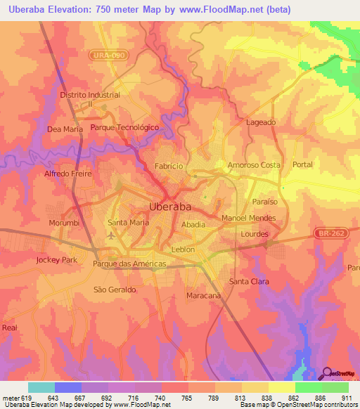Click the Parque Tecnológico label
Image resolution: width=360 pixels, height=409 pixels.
click(x=124, y=128)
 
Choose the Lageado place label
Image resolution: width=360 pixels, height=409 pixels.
click(x=261, y=122)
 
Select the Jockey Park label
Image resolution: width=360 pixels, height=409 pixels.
click(x=56, y=259)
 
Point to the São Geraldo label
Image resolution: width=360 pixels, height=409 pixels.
click(x=115, y=289)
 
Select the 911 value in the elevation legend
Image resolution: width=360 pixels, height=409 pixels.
click(x=345, y=397)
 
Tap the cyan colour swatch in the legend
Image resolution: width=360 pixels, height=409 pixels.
click(x=41, y=387)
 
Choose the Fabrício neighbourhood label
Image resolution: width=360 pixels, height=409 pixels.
click(x=169, y=166)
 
